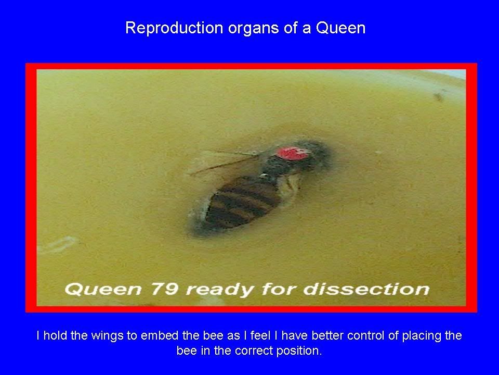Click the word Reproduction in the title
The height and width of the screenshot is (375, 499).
coord(174,28)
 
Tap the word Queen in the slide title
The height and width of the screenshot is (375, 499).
coord(340,28)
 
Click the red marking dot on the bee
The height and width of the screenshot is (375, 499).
coord(293,153)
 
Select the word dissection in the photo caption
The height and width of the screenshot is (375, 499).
coord(366,289)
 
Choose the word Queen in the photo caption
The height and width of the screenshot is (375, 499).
coord(103,289)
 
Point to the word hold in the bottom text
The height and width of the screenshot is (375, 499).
coord(55,335)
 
